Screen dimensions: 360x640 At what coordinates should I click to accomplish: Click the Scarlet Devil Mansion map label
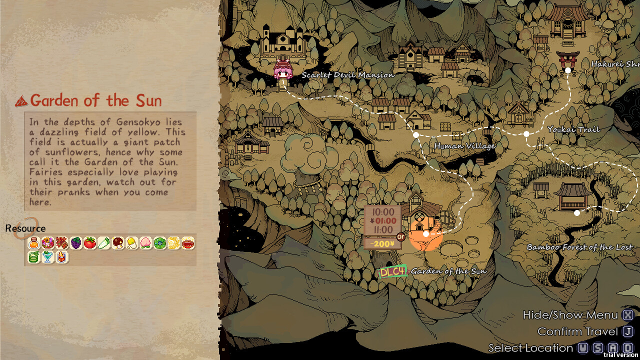[347, 75]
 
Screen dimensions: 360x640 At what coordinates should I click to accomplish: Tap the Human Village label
[464, 146]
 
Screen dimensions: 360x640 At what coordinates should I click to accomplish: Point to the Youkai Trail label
[573, 129]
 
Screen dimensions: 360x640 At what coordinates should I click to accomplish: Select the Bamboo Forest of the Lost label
[579, 247]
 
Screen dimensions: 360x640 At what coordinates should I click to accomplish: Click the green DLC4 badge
[392, 271]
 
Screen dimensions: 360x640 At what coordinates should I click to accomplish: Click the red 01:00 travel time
[383, 221]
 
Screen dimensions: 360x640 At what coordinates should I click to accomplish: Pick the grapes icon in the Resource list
[76, 243]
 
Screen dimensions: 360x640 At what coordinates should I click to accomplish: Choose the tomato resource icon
[90, 243]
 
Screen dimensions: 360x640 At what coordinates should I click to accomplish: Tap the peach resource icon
[146, 243]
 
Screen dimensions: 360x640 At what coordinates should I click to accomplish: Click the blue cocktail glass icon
[48, 257]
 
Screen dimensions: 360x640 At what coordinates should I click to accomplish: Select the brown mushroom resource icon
[118, 243]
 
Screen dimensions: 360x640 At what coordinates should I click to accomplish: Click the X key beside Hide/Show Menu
[628, 315]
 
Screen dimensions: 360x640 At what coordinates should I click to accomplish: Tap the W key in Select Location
[583, 348]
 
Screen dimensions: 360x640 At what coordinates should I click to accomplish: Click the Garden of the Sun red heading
[95, 101]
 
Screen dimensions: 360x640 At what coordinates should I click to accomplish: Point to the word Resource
[25, 228]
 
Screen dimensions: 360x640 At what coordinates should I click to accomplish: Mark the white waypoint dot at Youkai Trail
[526, 134]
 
